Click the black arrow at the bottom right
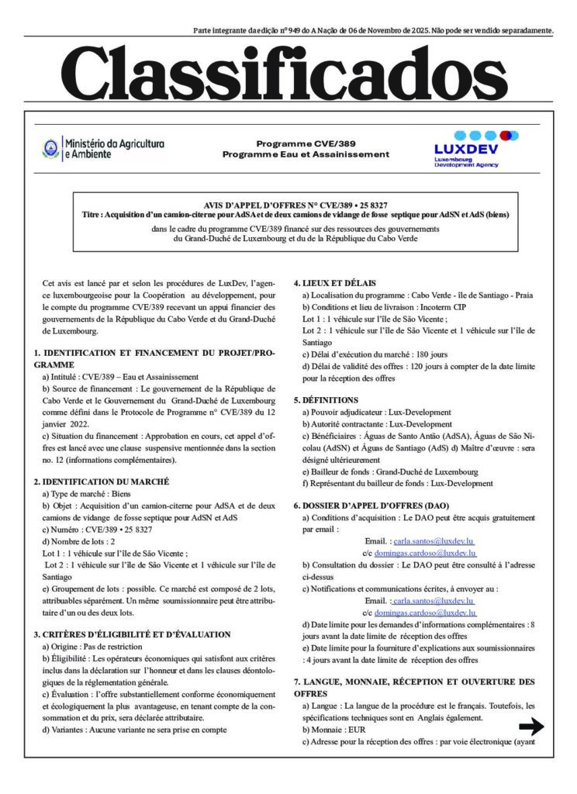point(531,727)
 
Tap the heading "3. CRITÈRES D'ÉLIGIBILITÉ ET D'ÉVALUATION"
point(132,634)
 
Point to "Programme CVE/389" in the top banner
point(305,143)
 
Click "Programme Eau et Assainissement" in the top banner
point(306,154)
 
